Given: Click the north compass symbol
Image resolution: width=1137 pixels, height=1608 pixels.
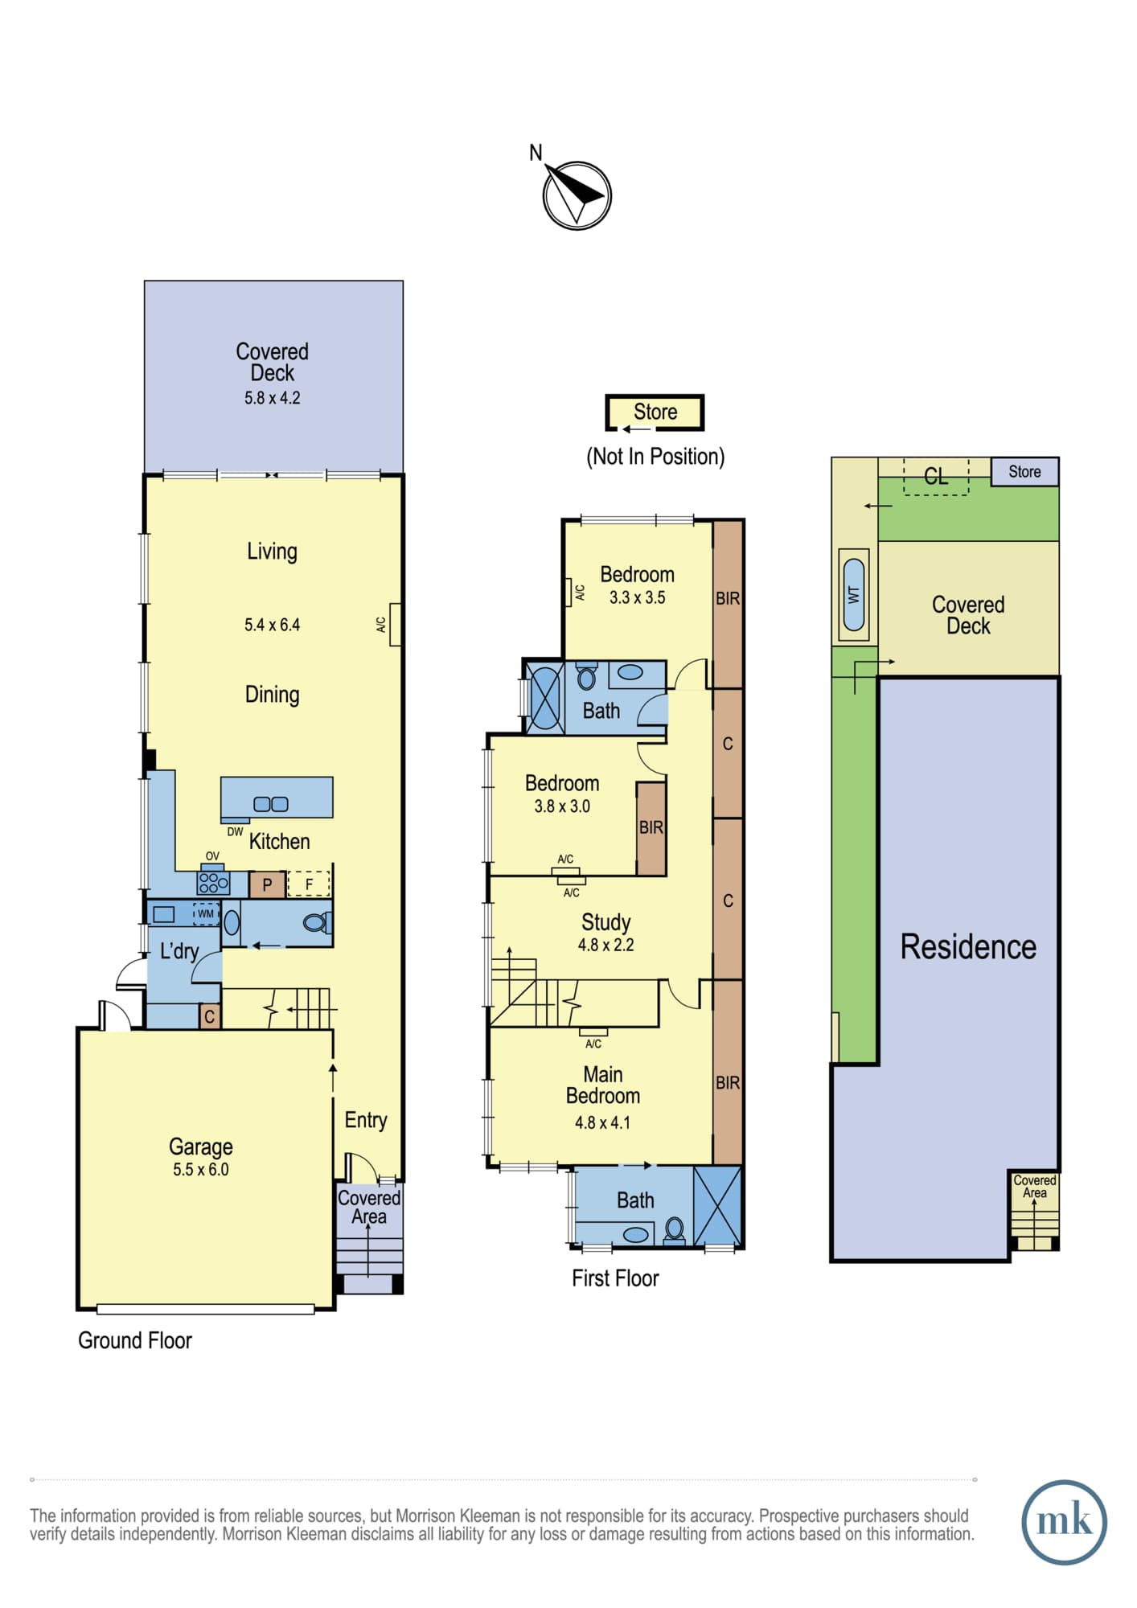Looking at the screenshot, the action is (x=577, y=195).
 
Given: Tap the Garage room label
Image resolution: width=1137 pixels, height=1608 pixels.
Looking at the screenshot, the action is (x=201, y=1147).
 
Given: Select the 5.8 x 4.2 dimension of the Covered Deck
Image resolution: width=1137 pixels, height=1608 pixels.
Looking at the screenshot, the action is (x=273, y=397).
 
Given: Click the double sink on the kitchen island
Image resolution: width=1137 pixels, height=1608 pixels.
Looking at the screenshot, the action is (x=271, y=804).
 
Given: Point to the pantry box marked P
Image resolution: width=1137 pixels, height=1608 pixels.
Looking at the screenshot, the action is (x=267, y=884).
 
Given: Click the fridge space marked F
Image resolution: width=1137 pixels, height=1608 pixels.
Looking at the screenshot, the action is (x=309, y=884).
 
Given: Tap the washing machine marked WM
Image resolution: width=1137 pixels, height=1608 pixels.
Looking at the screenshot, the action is (x=206, y=913).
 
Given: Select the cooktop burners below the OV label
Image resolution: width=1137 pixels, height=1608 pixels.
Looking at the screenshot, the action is (x=213, y=882).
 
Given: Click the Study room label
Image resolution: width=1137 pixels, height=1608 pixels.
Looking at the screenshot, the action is (x=605, y=921).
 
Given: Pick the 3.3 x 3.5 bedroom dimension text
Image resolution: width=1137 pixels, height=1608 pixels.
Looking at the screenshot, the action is (x=637, y=597).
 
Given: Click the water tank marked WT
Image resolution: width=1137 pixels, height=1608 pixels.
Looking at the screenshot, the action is (x=854, y=595).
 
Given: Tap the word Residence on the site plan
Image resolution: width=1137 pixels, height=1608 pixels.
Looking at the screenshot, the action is (x=968, y=947).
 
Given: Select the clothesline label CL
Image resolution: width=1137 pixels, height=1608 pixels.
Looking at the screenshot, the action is (x=936, y=477).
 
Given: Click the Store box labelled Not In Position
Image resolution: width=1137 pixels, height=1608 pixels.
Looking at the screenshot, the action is (x=655, y=412).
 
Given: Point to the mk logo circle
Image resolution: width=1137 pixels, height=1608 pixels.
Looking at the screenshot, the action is (x=1064, y=1522).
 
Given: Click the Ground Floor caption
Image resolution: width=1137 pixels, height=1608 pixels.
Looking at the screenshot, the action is (x=135, y=1340).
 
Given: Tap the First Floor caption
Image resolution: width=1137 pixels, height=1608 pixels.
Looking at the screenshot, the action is (x=615, y=1278).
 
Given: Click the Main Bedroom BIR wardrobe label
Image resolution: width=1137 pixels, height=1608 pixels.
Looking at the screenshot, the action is (x=728, y=1083).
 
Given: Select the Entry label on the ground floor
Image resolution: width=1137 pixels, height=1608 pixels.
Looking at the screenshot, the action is (x=366, y=1120).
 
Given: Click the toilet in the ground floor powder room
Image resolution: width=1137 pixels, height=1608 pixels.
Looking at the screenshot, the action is (x=317, y=922).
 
